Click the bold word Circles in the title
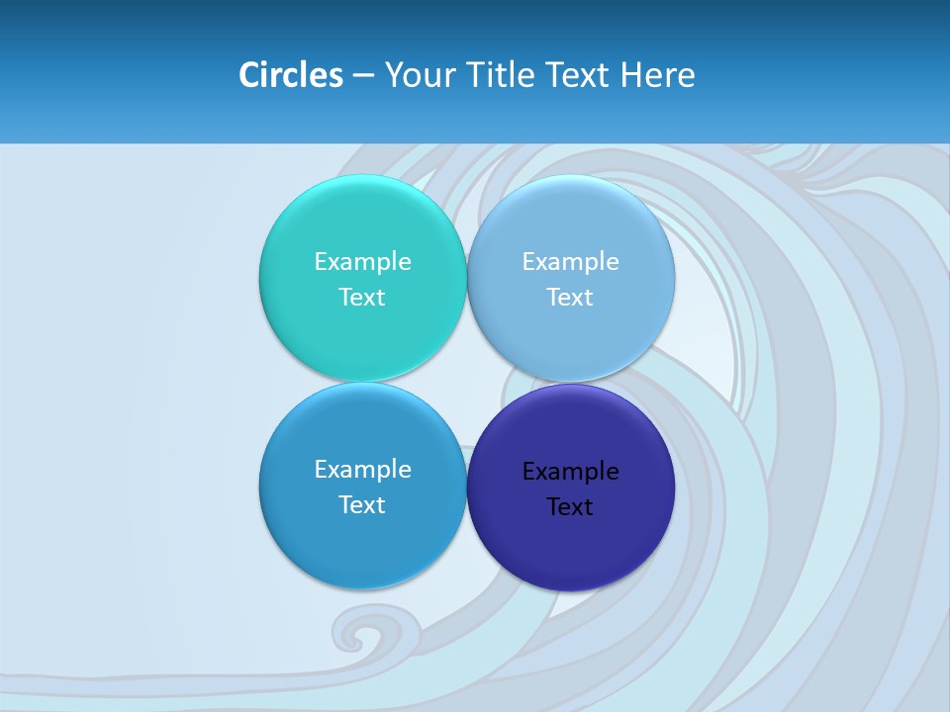point(290,75)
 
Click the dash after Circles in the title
point(363,76)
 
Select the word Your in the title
point(416,75)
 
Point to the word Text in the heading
point(577,75)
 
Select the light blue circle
point(570,218)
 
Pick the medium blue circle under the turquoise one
point(362,544)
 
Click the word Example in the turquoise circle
point(362,261)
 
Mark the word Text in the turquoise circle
point(362,297)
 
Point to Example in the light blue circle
point(570,261)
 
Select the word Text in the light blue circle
point(570,297)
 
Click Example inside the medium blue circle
point(362,469)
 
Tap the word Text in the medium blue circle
point(362,504)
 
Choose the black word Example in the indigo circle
point(570,471)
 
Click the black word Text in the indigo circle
point(570,506)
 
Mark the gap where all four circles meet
point(466,383)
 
